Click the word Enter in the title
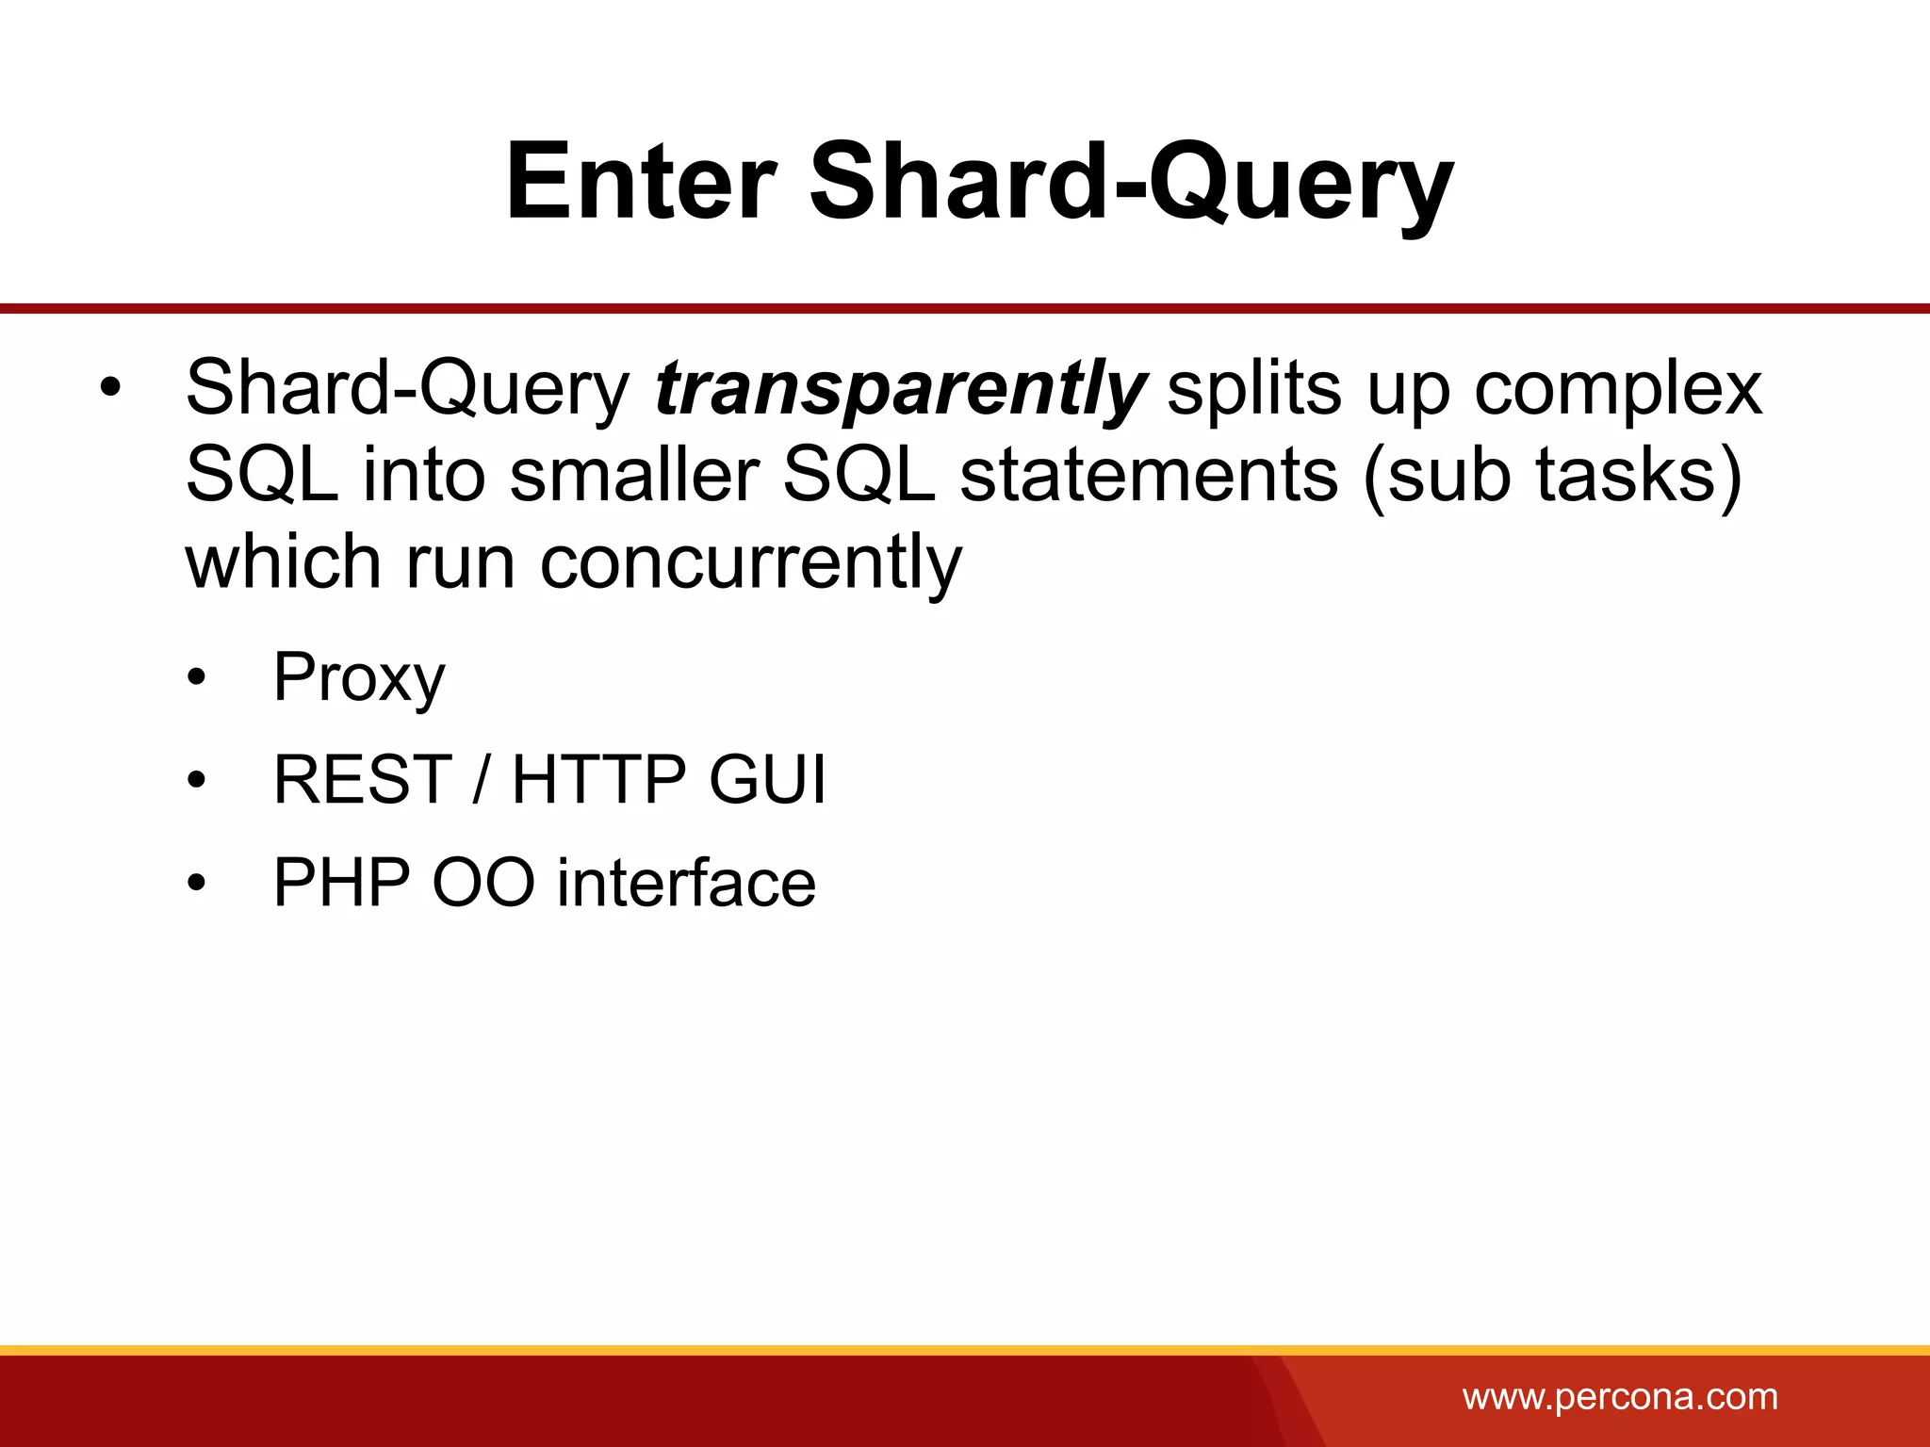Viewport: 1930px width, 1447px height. (641, 181)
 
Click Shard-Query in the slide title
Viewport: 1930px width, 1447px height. (1131, 181)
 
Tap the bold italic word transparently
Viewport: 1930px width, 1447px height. (900, 388)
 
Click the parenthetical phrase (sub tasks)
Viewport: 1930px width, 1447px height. (1551, 477)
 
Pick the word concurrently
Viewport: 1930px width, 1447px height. (751, 562)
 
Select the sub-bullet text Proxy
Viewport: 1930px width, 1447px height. (358, 677)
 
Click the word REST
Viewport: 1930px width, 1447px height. (363, 780)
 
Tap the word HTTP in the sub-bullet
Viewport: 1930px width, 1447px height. (598, 780)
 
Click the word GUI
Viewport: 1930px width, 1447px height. (767, 780)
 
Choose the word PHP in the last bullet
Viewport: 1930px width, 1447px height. (341, 883)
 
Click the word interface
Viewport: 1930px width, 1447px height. (686, 883)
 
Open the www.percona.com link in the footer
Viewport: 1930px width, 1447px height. (1620, 1396)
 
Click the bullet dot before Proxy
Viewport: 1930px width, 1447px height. (196, 679)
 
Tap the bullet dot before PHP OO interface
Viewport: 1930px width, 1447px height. (196, 885)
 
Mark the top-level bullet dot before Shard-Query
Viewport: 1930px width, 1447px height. (110, 390)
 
